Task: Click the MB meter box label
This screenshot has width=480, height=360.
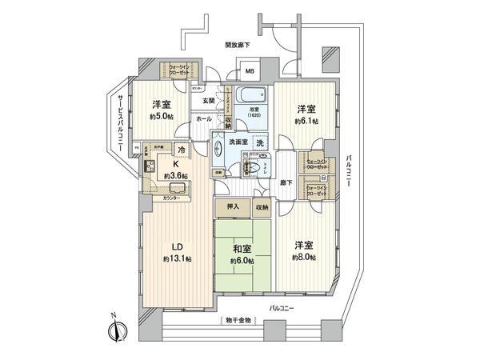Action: (x=249, y=70)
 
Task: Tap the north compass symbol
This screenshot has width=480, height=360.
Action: (x=120, y=326)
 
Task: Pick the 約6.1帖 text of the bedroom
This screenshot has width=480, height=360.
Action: (x=306, y=121)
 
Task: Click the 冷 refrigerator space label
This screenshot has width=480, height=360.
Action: (x=182, y=150)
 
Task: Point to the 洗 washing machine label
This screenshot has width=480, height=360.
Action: (x=262, y=142)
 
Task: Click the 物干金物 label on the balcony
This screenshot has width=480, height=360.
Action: (x=238, y=320)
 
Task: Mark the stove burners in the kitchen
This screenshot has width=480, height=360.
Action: (x=150, y=166)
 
